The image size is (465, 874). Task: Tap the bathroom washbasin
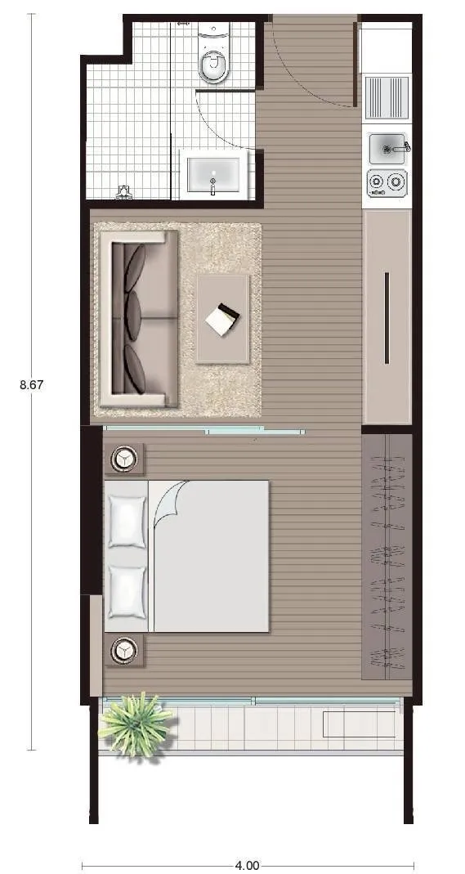click(212, 171)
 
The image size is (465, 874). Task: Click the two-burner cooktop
click(387, 182)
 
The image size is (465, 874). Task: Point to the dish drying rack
click(387, 97)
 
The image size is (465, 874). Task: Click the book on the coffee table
click(222, 320)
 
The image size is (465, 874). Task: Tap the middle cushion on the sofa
click(135, 315)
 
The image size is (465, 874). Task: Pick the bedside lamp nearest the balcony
click(123, 651)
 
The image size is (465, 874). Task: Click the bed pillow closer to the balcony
click(127, 592)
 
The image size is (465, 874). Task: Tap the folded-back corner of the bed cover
click(168, 500)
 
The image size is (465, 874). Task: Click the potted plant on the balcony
click(136, 724)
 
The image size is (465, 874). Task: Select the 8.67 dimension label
click(32, 384)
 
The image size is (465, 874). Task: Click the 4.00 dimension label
click(247, 866)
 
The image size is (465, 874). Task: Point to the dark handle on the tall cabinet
click(387, 318)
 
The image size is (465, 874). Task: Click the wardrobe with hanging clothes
click(387, 556)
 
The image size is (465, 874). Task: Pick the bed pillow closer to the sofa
click(127, 521)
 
